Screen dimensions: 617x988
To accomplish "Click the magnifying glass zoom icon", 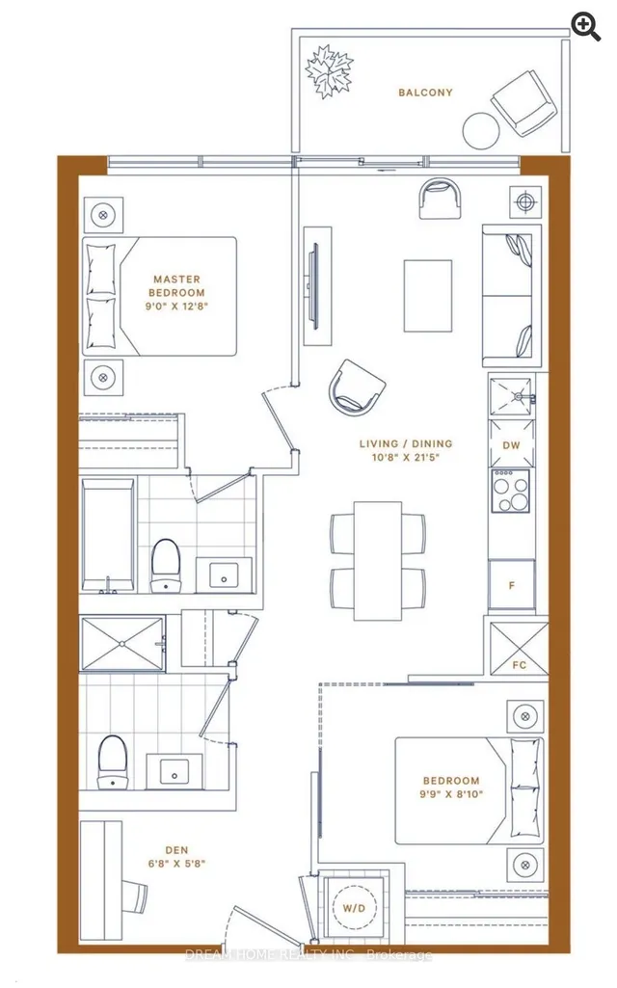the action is coord(585,27).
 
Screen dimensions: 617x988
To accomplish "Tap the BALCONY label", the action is coord(425,93).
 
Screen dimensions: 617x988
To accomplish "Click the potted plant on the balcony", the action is coord(329,70).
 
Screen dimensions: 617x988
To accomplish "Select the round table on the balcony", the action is coord(481,130).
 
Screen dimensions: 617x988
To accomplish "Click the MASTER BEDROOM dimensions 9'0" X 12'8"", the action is coord(176,307).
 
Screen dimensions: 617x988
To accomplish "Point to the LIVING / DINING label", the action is coord(406,443).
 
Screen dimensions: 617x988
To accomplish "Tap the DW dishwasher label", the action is coord(511,445).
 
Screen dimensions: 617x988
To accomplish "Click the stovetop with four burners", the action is coord(511,491).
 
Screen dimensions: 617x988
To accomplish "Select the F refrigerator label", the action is coord(512,585).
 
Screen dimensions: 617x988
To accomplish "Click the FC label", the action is coord(520,665).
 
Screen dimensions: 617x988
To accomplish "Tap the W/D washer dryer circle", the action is coord(354,908).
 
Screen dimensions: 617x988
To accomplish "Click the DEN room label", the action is coord(176,850).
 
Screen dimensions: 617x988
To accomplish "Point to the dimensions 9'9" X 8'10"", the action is coord(451,794).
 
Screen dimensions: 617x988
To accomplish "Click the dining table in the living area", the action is coord(378,560).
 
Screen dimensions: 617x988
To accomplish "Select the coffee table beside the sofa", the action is coord(428,296).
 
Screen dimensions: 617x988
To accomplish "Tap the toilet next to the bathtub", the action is coord(166,565).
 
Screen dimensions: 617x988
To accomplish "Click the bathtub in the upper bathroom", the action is coord(108,535).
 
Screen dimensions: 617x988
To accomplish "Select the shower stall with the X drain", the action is coord(121,643).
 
